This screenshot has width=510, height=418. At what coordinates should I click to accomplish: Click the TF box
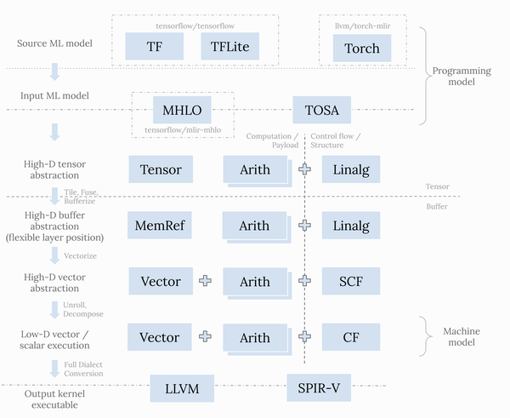(154, 48)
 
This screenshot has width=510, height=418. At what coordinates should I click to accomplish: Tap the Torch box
(362, 49)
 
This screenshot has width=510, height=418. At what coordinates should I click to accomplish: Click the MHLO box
(181, 110)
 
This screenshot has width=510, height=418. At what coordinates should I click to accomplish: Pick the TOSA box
(321, 110)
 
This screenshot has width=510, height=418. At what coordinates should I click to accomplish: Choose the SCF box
(350, 282)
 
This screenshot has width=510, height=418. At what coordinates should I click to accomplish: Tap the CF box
(350, 337)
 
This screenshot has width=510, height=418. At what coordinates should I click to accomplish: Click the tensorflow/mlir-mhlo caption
(181, 130)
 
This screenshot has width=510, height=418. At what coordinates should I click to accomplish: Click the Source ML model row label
(54, 43)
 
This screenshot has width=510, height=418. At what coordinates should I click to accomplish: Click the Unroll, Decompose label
(83, 308)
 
